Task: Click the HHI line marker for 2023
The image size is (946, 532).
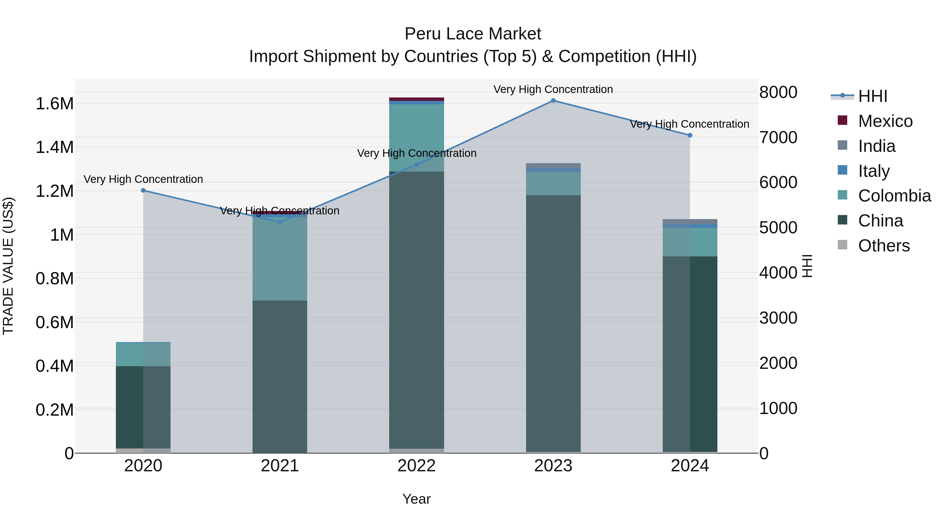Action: (x=553, y=101)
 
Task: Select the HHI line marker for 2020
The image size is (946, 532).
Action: (x=143, y=190)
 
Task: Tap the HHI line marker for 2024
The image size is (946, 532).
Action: (x=690, y=135)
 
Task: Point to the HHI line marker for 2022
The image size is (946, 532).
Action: (x=417, y=164)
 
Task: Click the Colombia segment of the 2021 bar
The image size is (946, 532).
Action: (x=280, y=259)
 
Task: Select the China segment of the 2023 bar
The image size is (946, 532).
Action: (x=553, y=323)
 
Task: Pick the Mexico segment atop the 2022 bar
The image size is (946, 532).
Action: (x=417, y=99)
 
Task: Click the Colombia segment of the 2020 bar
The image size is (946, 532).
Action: (x=143, y=354)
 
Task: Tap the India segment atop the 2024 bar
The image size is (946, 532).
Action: (x=690, y=222)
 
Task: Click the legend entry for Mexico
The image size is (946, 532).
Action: (x=885, y=121)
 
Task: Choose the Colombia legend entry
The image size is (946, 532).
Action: (x=894, y=196)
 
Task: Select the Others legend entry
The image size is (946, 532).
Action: (x=883, y=246)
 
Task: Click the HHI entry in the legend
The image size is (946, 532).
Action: (x=872, y=96)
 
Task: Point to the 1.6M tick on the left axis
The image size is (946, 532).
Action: (x=54, y=104)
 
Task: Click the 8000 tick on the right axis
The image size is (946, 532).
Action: (x=778, y=92)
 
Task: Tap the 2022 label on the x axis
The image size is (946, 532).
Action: (x=417, y=466)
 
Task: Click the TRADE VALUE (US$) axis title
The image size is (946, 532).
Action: (x=8, y=266)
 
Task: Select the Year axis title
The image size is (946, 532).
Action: (x=417, y=499)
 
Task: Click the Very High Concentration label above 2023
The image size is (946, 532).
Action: (x=553, y=89)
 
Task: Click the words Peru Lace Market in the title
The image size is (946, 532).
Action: (x=473, y=34)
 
